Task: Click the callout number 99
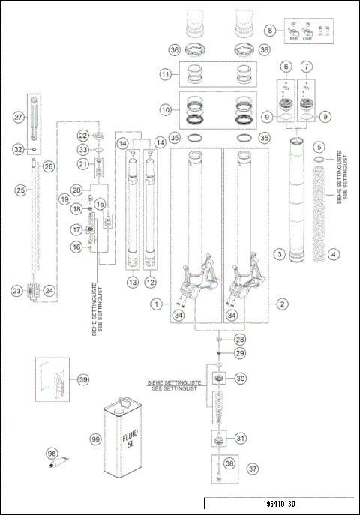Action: click(x=94, y=438)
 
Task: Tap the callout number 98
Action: click(x=52, y=454)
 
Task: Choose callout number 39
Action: click(x=83, y=380)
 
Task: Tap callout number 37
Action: click(x=253, y=469)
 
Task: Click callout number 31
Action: click(x=241, y=438)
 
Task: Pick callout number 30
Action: click(x=241, y=379)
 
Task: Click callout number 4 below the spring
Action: click(x=327, y=255)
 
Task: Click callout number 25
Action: click(x=20, y=190)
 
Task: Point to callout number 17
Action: click(x=76, y=229)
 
